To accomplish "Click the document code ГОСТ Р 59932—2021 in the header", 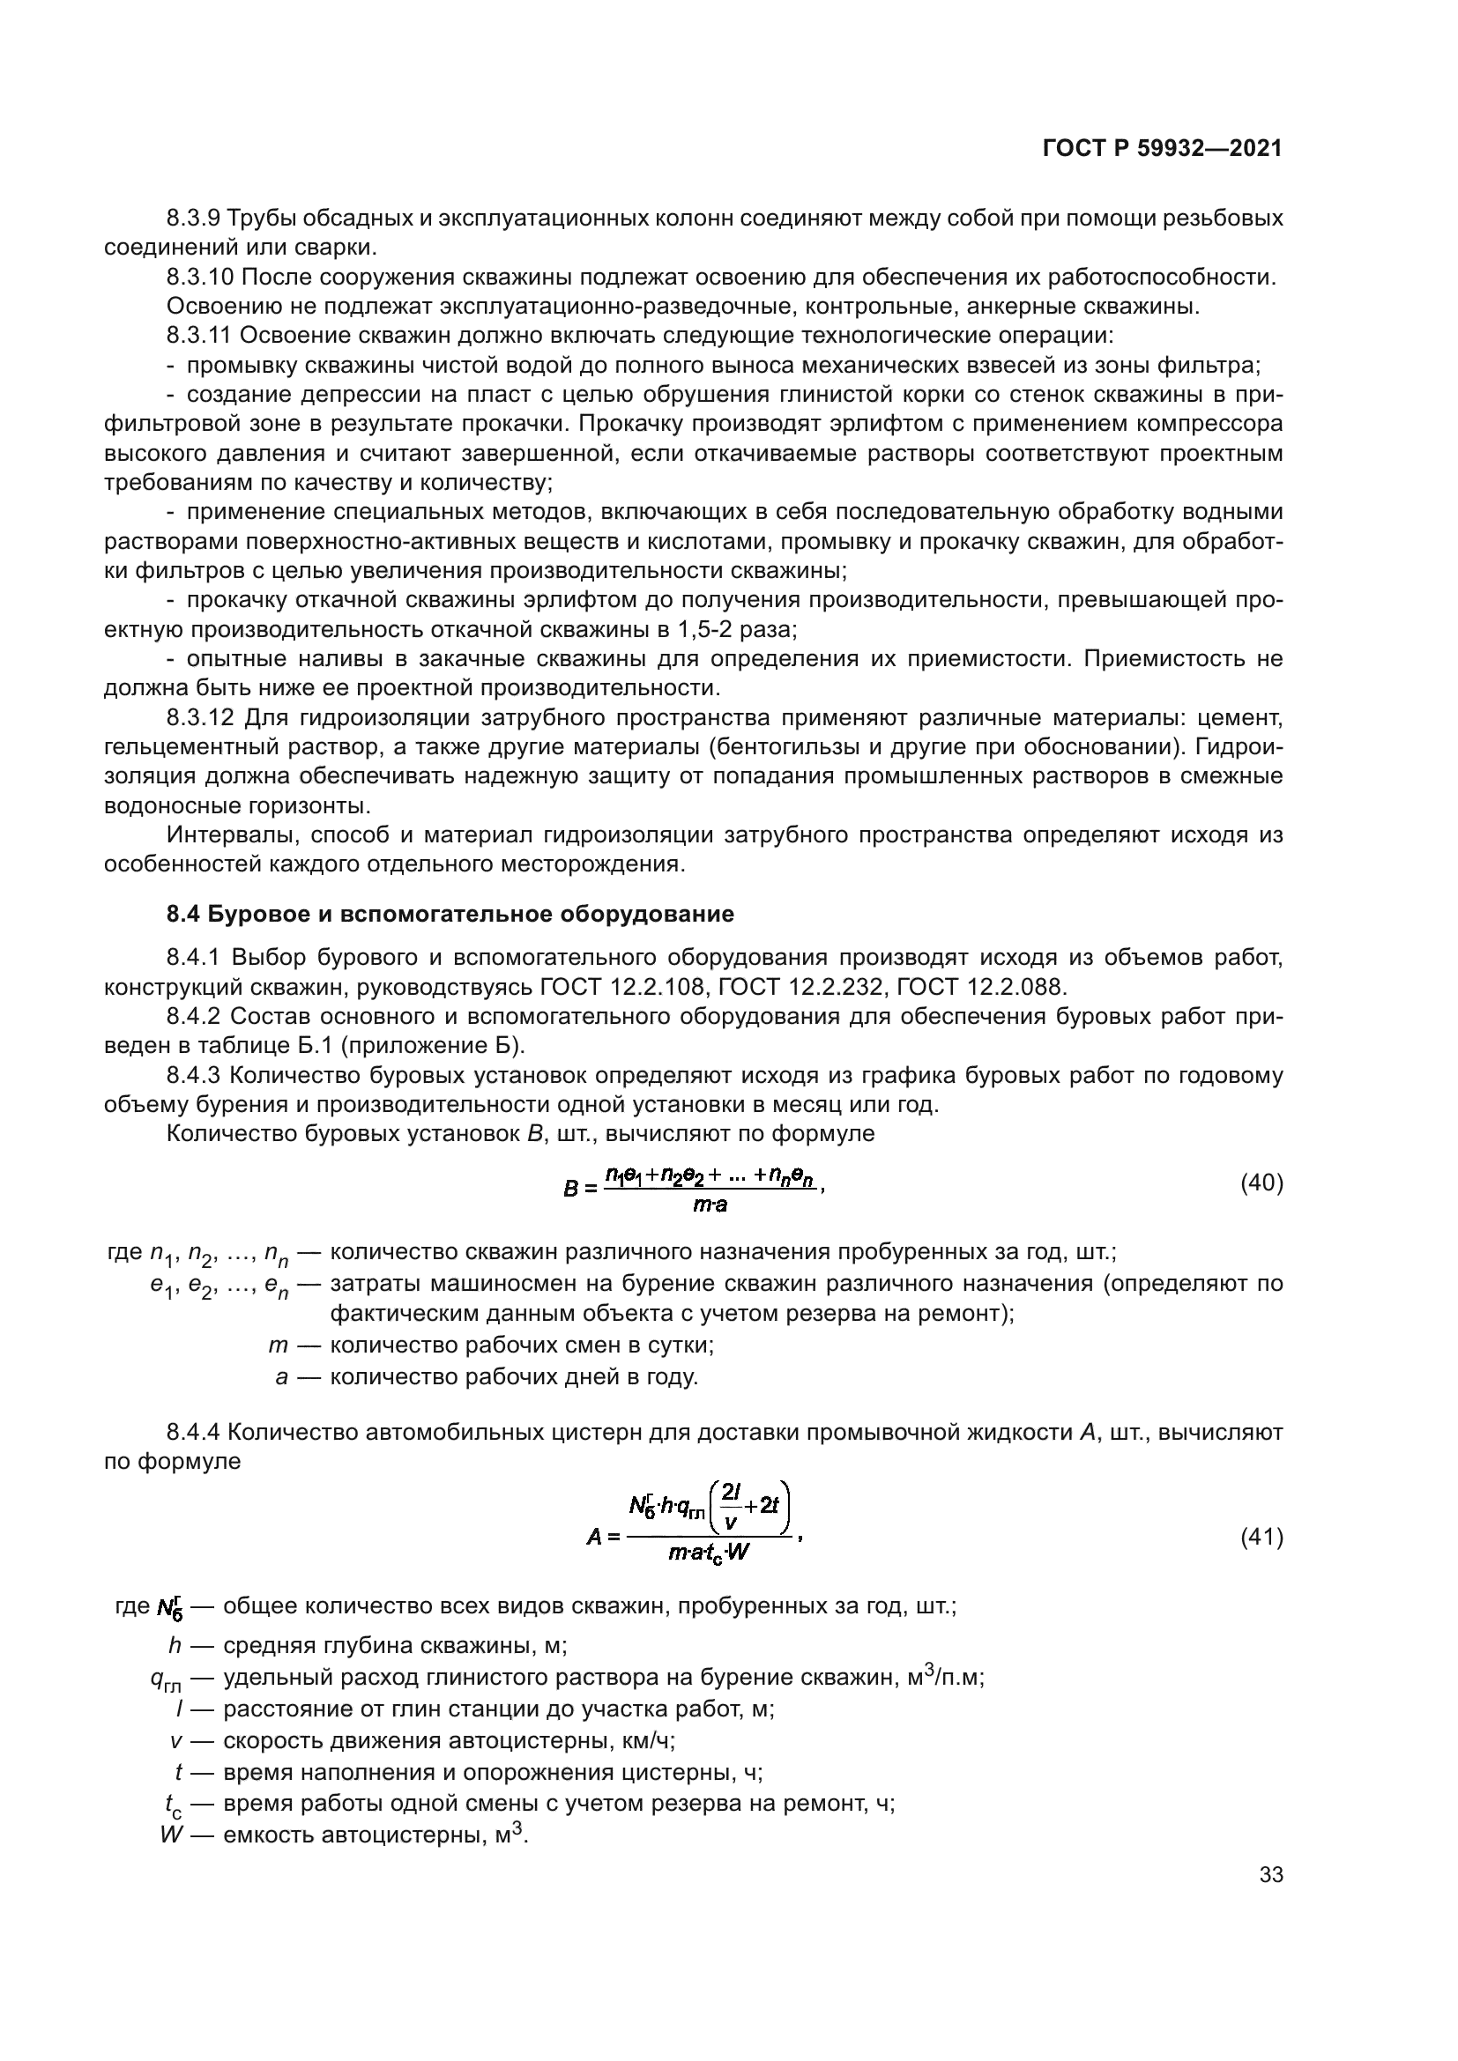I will [1162, 149].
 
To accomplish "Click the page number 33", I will [1270, 1874].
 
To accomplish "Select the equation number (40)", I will [1261, 1183].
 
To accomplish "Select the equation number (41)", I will [1261, 1537].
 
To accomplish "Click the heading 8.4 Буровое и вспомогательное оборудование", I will [450, 914].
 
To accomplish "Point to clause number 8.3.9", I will [193, 219].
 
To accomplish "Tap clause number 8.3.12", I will [200, 718].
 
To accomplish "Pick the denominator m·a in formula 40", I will [710, 1205].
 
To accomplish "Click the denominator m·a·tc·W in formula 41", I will [709, 1553].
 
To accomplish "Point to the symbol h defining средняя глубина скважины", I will [175, 1645].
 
